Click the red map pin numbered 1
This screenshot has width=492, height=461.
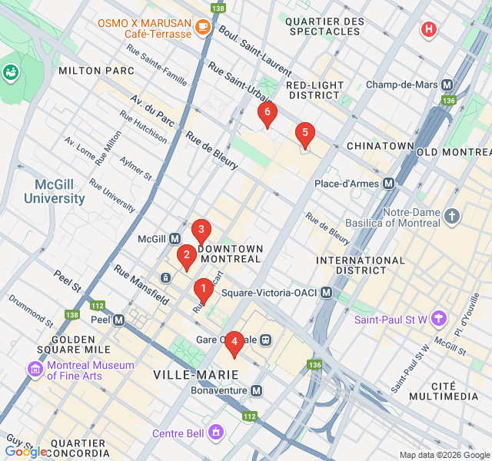[203, 290]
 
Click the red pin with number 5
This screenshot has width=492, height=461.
[304, 134]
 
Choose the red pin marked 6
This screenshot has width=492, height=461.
[267, 114]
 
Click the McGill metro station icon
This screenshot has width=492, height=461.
[175, 239]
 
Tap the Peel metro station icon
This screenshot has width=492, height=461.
[119, 320]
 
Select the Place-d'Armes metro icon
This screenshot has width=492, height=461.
[389, 184]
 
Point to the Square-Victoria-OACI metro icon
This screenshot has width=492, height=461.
[327, 293]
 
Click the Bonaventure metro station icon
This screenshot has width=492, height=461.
[257, 391]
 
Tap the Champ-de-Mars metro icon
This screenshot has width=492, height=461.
[447, 85]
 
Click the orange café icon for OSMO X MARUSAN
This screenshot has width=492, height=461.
[202, 27]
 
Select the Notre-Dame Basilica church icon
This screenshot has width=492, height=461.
[451, 217]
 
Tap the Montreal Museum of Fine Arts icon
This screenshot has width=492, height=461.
[35, 370]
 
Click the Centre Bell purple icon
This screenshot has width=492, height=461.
[216, 433]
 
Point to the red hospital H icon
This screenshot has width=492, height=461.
[428, 30]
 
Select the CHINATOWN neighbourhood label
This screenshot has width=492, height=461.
[380, 146]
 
